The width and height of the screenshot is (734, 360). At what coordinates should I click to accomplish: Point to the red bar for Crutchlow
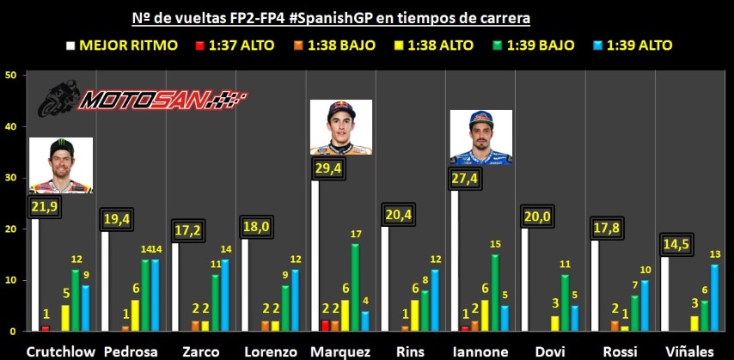(46, 327)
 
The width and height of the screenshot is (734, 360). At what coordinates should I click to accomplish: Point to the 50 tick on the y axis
(11, 76)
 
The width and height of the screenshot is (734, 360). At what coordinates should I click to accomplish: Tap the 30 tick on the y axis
(11, 178)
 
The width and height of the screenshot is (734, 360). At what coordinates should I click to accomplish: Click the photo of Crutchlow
(60, 165)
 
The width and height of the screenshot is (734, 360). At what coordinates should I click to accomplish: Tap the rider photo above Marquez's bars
(340, 126)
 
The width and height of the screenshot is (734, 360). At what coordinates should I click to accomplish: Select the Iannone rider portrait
(480, 137)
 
